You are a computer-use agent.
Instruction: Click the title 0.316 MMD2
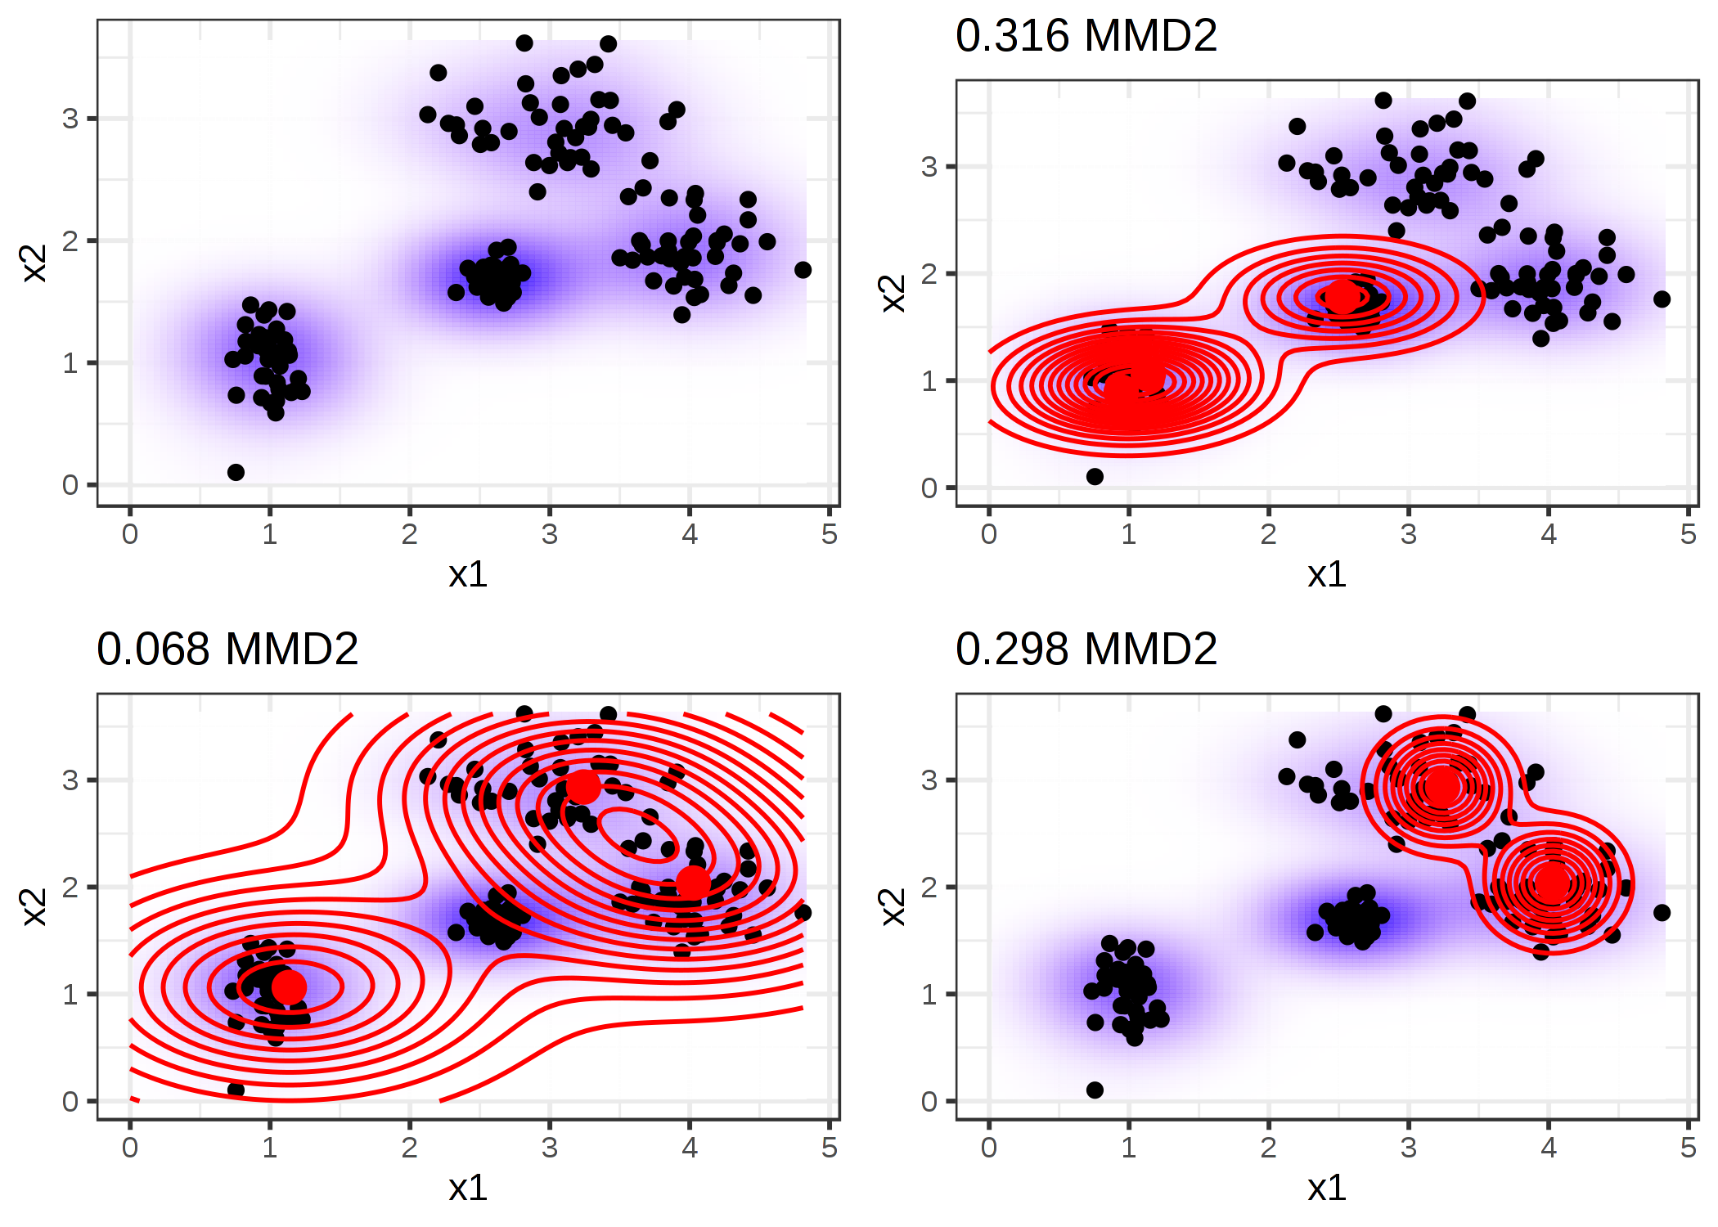1086,37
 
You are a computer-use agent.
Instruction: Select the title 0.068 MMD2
227,650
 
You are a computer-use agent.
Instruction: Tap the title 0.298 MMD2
1086,650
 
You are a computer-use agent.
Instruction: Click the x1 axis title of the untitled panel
468,574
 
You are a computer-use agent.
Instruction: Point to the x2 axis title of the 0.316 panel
893,293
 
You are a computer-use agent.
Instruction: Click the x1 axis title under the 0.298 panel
1326,1188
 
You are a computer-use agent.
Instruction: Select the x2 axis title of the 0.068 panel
34,906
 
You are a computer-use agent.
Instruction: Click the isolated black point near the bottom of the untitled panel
236,472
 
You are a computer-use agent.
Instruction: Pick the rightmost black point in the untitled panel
803,270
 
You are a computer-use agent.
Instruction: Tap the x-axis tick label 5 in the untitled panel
830,535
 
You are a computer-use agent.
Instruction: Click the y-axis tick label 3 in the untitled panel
70,119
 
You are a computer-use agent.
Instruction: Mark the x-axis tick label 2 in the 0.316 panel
1268,535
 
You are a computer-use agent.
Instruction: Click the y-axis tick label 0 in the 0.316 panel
929,488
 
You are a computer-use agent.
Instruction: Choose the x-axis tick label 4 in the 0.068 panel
690,1148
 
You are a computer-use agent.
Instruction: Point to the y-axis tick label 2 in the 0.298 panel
929,888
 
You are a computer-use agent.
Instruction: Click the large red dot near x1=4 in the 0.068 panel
693,882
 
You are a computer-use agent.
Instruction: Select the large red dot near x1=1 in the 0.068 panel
289,987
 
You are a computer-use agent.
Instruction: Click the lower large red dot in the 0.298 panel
1552,883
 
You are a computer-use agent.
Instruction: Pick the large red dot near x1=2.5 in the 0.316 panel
1342,296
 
